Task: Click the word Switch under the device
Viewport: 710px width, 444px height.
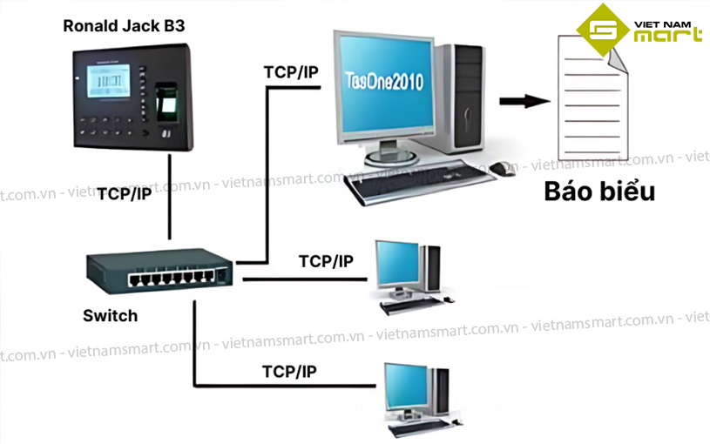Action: (x=110, y=315)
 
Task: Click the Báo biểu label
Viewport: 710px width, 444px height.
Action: (x=599, y=192)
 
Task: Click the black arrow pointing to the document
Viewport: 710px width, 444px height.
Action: (x=525, y=101)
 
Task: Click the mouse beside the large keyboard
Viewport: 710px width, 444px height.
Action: (x=498, y=168)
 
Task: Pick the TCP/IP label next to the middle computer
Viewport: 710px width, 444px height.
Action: (x=326, y=260)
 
